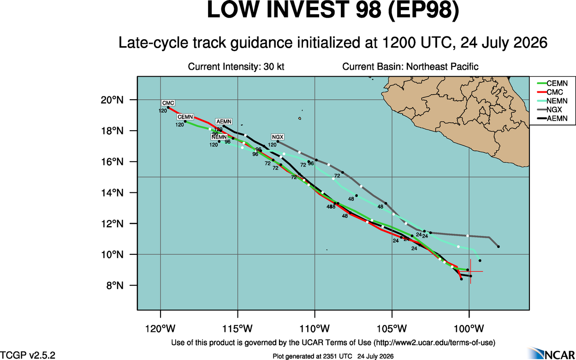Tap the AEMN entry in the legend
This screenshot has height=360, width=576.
[x=552, y=118]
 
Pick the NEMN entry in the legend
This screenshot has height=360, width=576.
[x=552, y=101]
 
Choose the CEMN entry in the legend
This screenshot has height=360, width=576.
[x=552, y=84]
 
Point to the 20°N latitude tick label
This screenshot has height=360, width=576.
[x=112, y=100]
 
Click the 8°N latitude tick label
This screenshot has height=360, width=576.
[x=115, y=285]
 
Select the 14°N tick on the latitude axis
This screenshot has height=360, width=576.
[x=112, y=193]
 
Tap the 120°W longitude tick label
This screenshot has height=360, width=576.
[x=160, y=329]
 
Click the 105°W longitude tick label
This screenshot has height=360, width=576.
[x=392, y=329]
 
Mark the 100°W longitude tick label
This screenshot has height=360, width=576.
[x=469, y=329]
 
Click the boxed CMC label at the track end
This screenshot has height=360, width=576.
[x=168, y=103]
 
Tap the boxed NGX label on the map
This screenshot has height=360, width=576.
[x=278, y=137]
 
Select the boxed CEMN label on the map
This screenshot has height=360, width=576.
[x=185, y=117]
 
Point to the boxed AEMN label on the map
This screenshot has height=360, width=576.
[x=224, y=121]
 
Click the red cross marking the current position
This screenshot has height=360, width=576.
[x=470, y=271]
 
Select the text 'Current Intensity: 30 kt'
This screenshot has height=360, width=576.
[x=236, y=66]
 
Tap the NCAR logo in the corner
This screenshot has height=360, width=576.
[x=551, y=353]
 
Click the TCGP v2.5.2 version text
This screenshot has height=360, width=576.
[x=28, y=355]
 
